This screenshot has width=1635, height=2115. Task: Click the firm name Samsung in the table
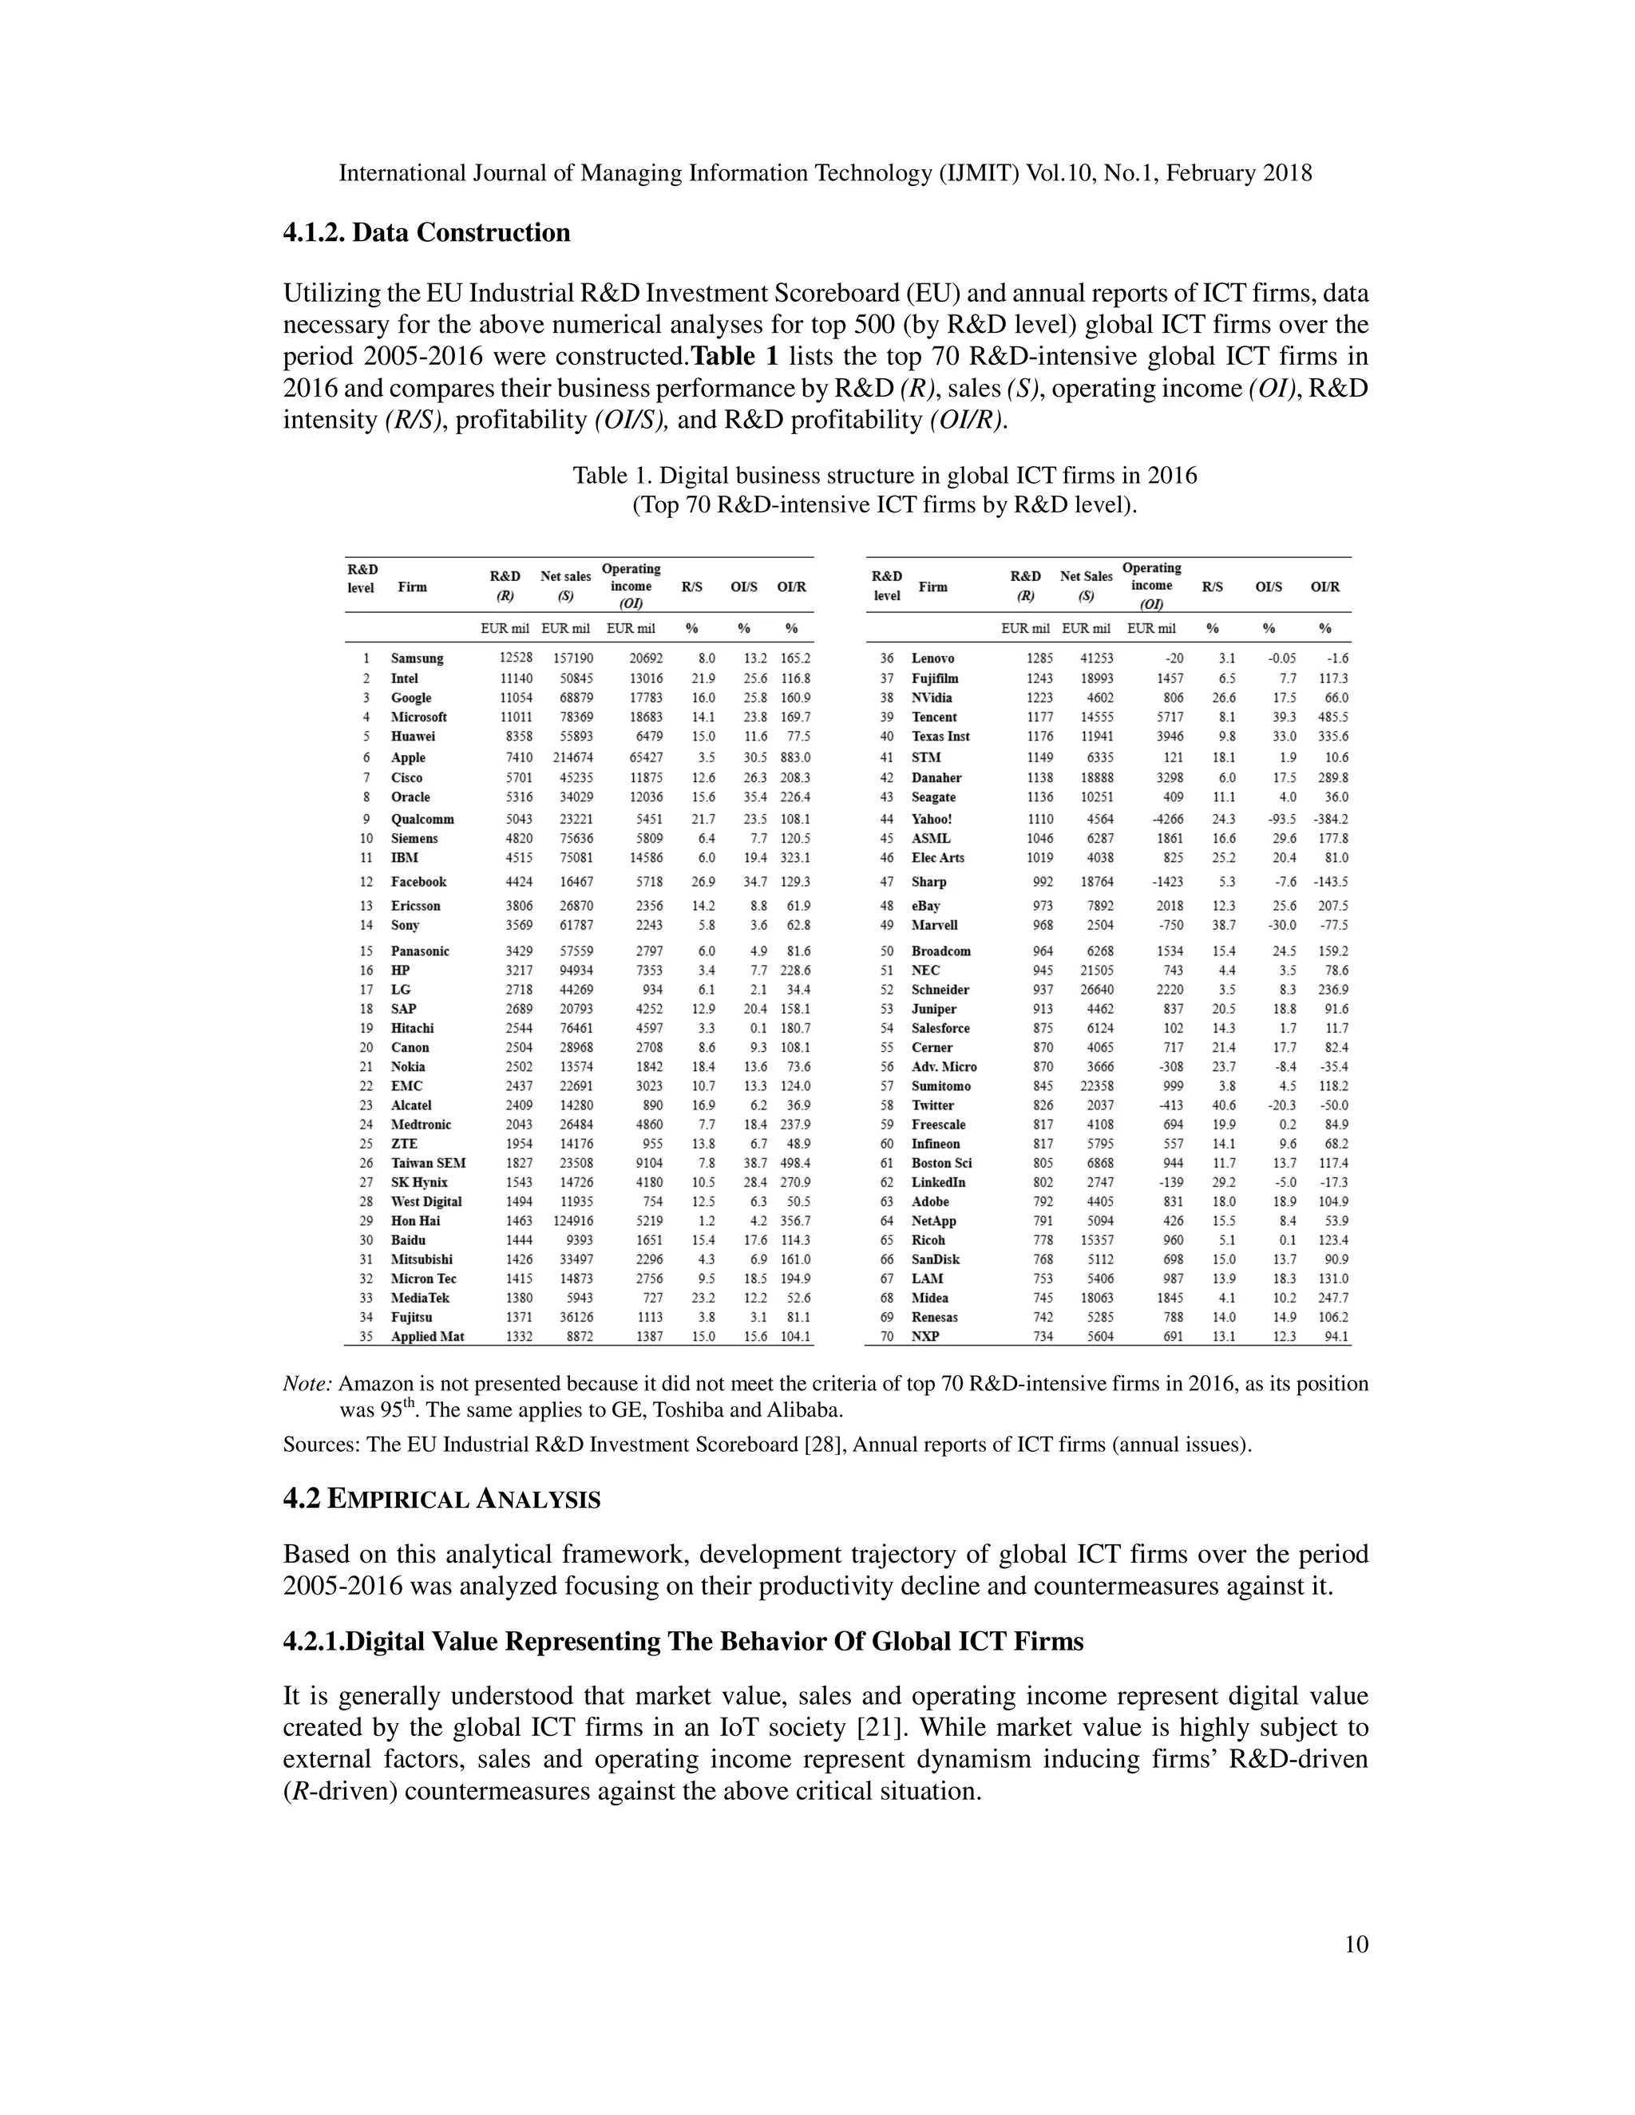click(417, 658)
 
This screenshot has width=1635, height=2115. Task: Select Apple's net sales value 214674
click(572, 757)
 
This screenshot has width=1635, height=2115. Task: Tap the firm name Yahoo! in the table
click(931, 820)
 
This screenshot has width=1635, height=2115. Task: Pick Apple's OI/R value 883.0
click(794, 757)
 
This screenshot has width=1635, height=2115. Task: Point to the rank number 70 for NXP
click(885, 1336)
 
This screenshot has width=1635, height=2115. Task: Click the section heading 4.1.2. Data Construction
click(426, 233)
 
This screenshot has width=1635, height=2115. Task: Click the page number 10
click(1357, 1944)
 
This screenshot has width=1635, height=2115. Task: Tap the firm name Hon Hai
click(414, 1221)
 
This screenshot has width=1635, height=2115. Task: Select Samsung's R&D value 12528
click(514, 658)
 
